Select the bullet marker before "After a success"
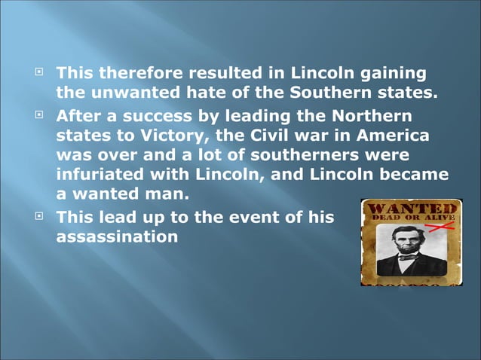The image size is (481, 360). point(40,116)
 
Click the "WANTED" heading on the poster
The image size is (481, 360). point(411,207)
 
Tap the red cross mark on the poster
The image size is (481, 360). point(446,224)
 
